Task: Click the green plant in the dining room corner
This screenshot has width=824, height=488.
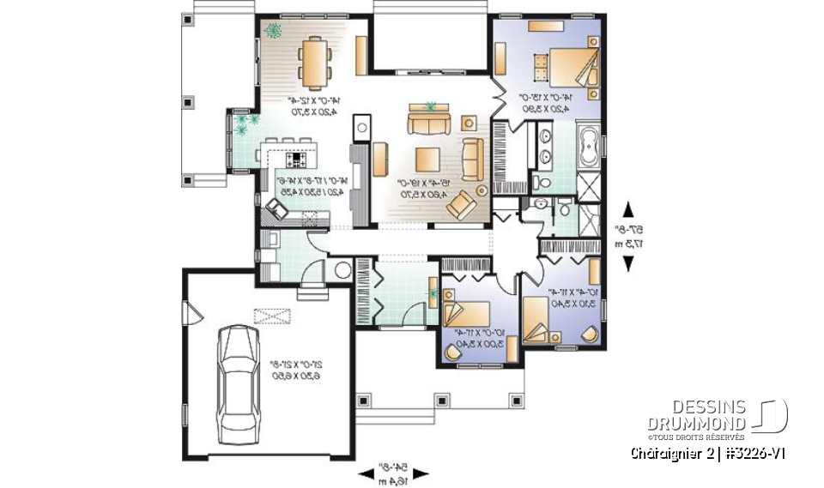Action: (x=274, y=32)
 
